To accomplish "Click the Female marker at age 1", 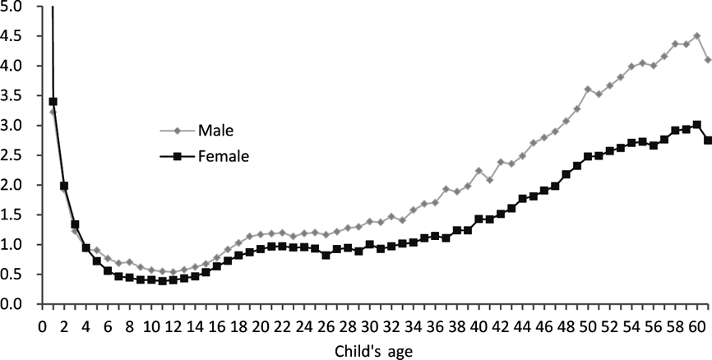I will tap(53, 102).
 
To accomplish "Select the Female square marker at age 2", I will tap(64, 186).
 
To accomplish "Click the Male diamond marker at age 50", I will tap(588, 89).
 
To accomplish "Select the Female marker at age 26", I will tap(326, 255).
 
